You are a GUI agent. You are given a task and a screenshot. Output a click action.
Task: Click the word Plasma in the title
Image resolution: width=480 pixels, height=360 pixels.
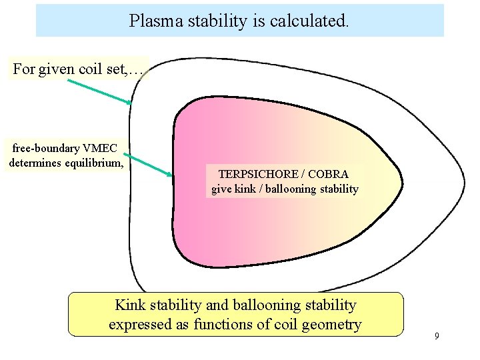tap(156, 21)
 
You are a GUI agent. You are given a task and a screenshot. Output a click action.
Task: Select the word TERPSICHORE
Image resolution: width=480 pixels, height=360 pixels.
tap(258, 174)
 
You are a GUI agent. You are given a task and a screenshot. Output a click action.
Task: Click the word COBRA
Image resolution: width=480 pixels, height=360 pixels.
tap(328, 174)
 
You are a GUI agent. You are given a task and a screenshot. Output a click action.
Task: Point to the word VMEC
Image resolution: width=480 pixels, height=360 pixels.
tap(100, 148)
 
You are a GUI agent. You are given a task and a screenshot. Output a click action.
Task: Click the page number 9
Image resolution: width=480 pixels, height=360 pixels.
tap(437, 336)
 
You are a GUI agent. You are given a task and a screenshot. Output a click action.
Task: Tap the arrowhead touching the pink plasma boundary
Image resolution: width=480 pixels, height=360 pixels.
tap(169, 175)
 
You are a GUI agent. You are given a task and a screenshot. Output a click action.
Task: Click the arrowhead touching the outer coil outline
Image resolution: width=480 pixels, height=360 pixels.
tap(129, 101)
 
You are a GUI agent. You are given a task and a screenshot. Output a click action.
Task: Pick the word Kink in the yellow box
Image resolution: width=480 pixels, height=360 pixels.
tap(130, 305)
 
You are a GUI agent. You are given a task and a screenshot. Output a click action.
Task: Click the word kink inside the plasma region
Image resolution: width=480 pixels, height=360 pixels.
tap(245, 189)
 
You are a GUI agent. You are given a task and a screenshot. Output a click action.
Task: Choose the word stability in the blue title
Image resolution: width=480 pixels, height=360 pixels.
tap(217, 21)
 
